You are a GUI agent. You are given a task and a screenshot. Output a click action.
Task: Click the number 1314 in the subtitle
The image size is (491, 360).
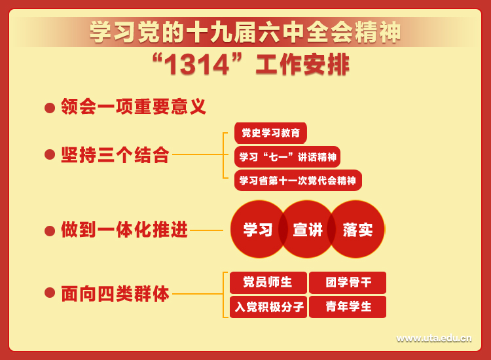click(197, 65)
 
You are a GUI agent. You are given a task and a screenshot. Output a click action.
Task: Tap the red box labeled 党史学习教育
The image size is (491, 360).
click(270, 133)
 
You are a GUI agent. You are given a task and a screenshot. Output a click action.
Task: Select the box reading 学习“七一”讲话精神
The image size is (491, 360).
click(287, 156)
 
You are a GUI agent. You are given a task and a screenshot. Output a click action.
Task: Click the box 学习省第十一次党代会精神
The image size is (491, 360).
click(298, 180)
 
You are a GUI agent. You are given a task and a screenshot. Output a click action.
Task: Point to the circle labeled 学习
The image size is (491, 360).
click(257, 229)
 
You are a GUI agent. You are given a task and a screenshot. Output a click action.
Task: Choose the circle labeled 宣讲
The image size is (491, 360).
click(308, 229)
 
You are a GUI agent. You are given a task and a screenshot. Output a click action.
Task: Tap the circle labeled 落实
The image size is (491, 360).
click(357, 229)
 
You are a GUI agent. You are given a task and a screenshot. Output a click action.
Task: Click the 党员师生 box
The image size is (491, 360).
click(268, 282)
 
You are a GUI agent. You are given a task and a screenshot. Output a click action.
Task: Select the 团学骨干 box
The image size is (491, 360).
click(348, 282)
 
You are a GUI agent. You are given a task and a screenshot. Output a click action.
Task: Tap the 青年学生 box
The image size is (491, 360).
click(348, 307)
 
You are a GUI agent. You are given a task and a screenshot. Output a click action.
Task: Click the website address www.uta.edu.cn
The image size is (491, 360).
click(433, 338)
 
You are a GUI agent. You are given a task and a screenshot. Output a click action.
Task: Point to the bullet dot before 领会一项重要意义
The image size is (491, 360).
click(50, 108)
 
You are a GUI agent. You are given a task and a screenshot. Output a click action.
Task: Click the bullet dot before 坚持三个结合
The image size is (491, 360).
click(50, 154)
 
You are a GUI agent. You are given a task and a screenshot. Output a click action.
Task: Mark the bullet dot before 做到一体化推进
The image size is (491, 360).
click(50, 230)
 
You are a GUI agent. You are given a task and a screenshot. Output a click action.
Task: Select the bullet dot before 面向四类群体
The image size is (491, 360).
click(50, 293)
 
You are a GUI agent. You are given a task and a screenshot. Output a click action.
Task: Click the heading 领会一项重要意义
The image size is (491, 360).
click(134, 107)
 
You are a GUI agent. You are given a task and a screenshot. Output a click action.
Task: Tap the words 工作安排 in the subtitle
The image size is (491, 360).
click(302, 65)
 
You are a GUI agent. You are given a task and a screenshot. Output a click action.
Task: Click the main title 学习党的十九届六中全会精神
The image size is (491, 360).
click(245, 32)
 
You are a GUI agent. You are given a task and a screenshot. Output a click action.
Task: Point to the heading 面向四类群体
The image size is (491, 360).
click(115, 294)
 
